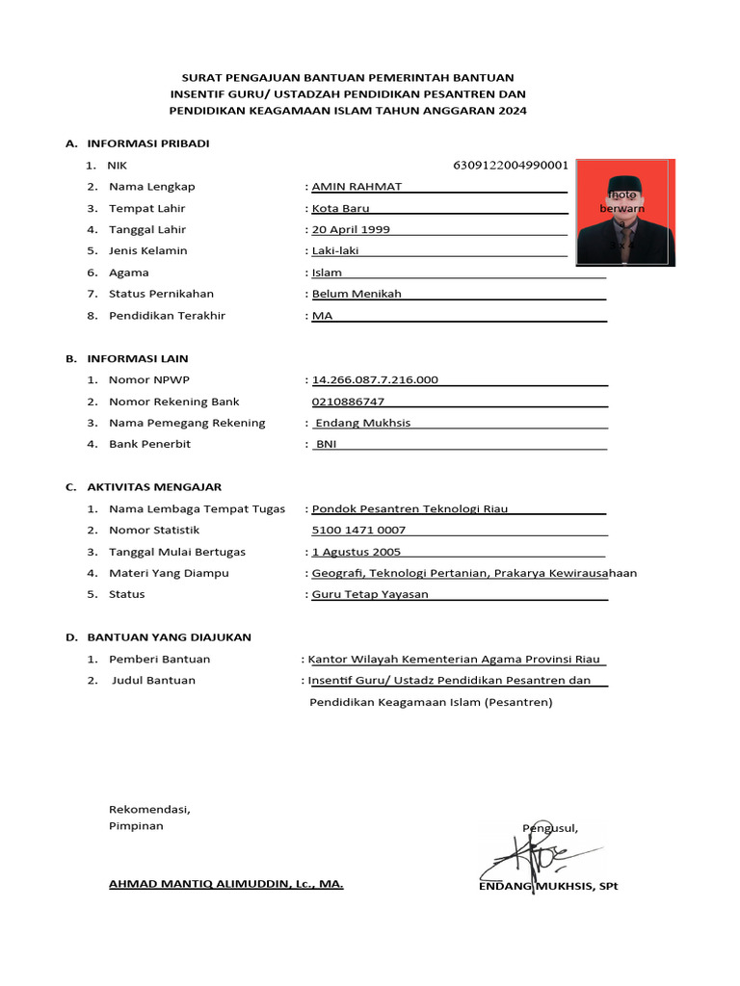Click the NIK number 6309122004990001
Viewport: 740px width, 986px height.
510,165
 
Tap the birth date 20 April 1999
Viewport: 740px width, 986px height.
351,230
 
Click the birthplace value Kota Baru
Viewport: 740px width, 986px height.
340,209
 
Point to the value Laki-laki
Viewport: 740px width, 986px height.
336,251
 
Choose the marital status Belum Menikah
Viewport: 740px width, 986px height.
357,294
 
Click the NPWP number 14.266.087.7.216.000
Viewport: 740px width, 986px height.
375,380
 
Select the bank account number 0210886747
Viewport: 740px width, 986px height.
348,402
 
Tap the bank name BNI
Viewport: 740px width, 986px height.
326,444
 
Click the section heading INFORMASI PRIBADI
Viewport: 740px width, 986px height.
147,143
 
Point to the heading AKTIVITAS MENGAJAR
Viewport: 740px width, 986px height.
154,487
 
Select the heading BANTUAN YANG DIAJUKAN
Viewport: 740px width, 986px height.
169,637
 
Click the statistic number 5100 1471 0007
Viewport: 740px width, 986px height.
358,531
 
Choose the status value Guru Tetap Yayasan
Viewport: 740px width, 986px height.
370,594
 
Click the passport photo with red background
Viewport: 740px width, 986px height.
625,213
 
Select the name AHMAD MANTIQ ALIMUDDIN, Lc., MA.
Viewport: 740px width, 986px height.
225,883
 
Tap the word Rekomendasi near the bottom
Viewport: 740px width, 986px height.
149,809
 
